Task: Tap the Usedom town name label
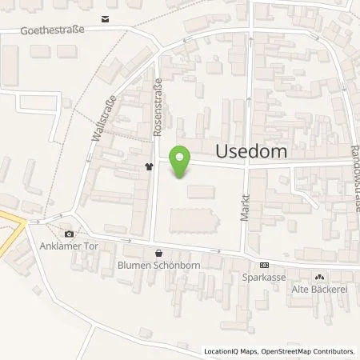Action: point(251,150)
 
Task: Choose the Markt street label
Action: point(246,207)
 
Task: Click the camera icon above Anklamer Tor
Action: point(70,234)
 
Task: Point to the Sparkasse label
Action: point(264,280)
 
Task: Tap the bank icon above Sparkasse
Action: point(264,266)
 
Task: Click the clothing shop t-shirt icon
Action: point(149,167)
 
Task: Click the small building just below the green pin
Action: point(201,191)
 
